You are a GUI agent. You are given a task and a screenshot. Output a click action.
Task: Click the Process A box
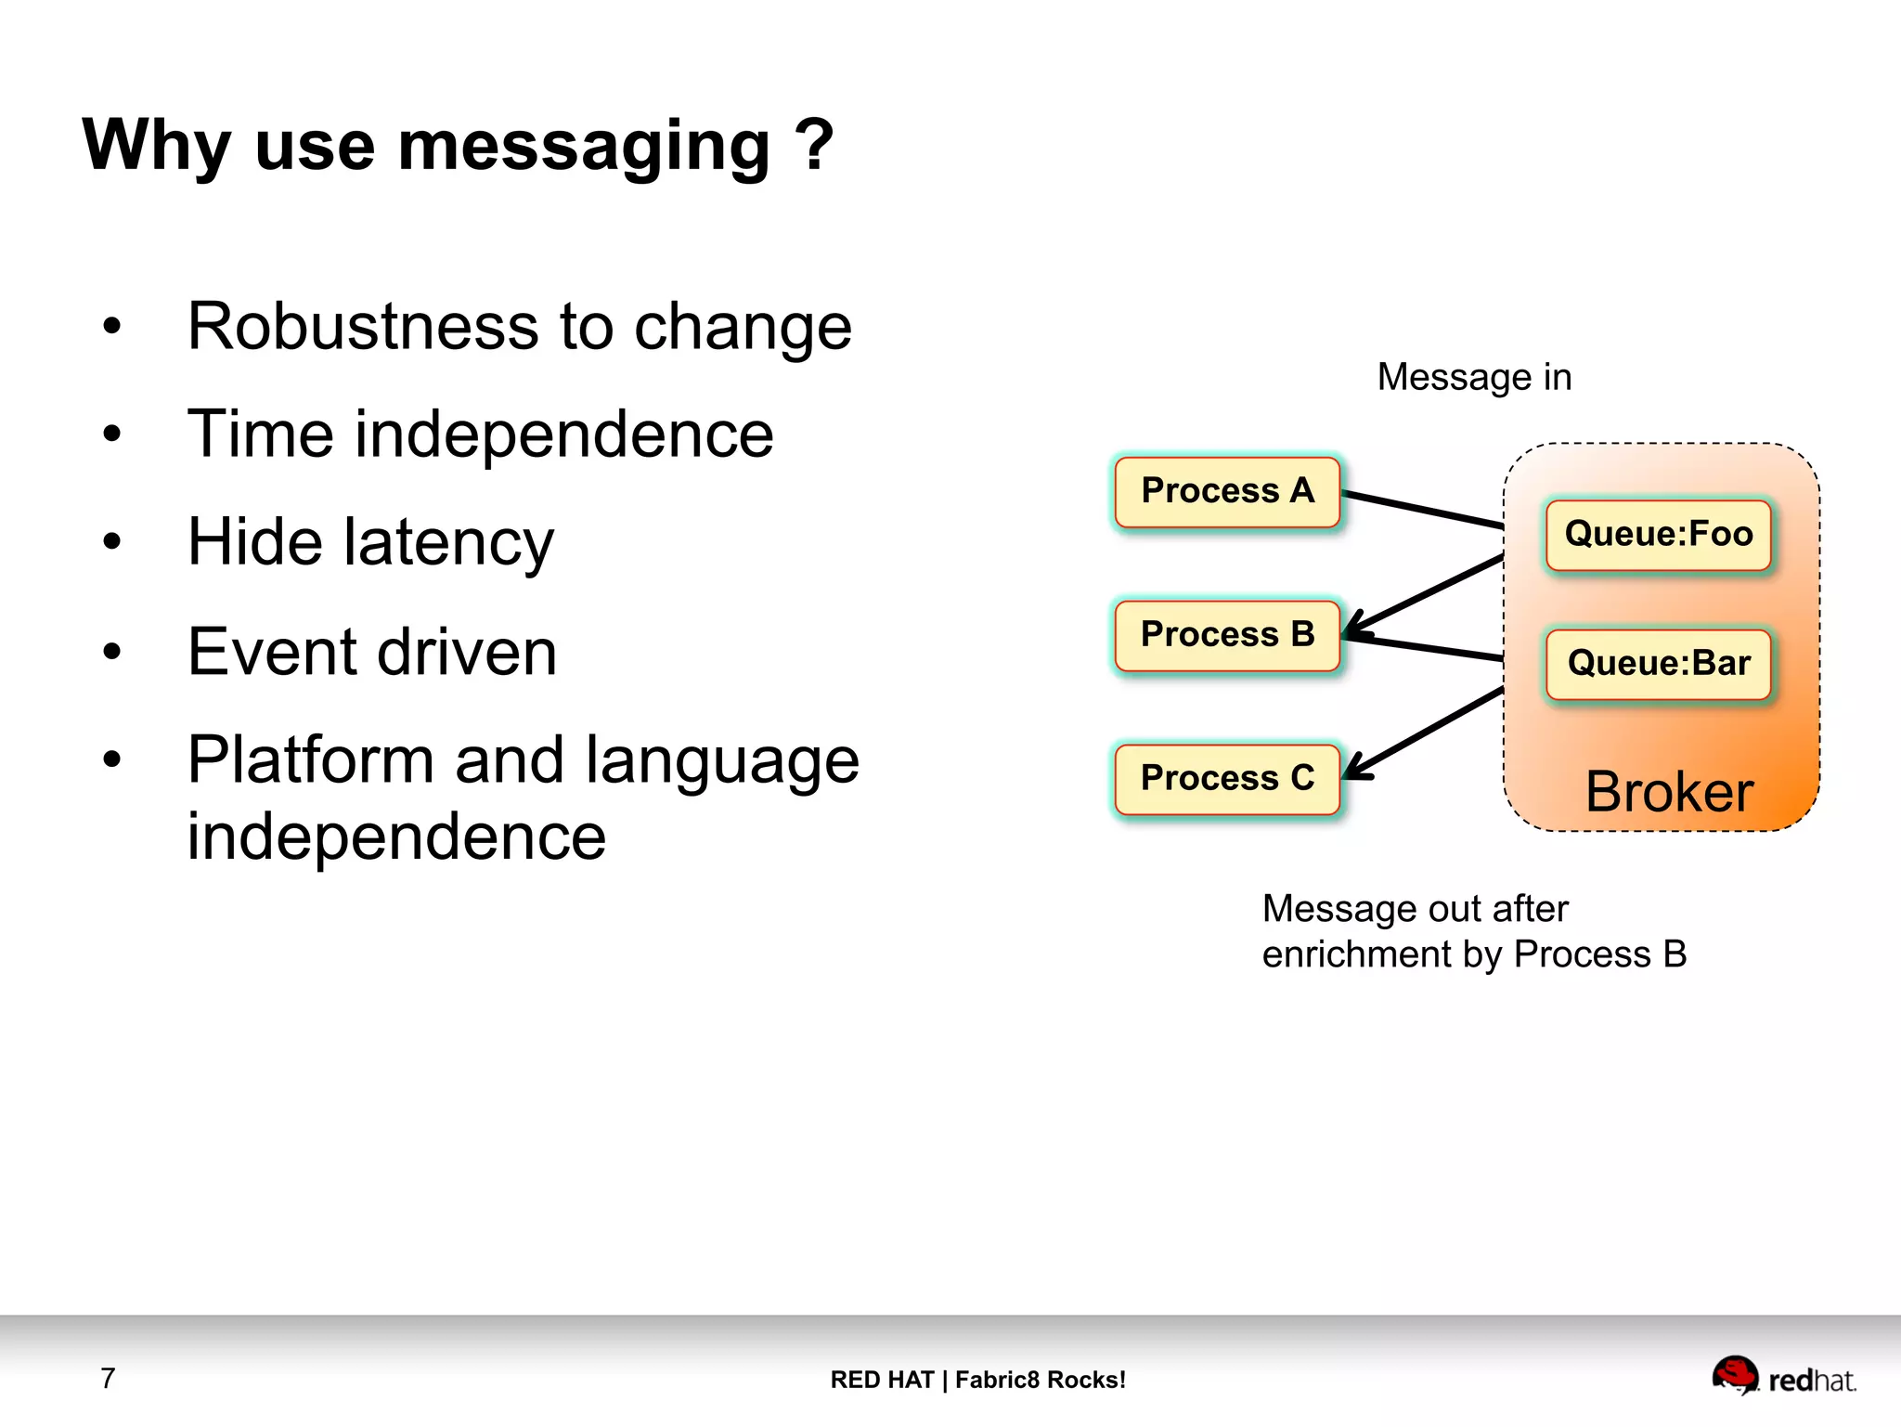(1227, 491)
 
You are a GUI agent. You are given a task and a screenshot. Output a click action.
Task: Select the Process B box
(1227, 635)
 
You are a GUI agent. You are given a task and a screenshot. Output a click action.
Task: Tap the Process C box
(1227, 779)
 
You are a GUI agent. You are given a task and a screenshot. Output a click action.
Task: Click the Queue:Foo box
(1658, 535)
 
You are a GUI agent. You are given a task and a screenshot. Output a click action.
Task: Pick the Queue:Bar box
(1658, 664)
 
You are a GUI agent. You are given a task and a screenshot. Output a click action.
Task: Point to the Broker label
(1668, 792)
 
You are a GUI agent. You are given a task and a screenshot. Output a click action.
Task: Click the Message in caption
(1474, 378)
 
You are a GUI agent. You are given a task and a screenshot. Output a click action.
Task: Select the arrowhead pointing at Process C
(1356, 769)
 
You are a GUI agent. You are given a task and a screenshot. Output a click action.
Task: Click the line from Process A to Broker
(1422, 510)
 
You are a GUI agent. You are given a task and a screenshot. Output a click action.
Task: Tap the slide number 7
(108, 1378)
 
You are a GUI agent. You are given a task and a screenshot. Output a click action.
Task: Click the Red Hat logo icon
(1734, 1374)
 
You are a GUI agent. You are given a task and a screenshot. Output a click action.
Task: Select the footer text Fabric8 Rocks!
(1040, 1380)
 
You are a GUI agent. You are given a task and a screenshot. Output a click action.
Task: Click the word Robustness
(362, 327)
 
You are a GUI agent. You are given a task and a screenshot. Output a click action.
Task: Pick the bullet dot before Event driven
(112, 651)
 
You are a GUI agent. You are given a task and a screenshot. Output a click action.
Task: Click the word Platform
(311, 760)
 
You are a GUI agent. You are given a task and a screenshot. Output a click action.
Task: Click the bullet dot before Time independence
(112, 434)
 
